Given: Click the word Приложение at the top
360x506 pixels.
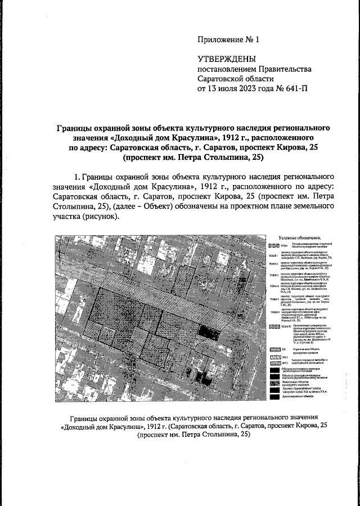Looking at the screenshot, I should point(221,40).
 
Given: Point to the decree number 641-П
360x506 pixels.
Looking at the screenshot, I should point(297,88).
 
